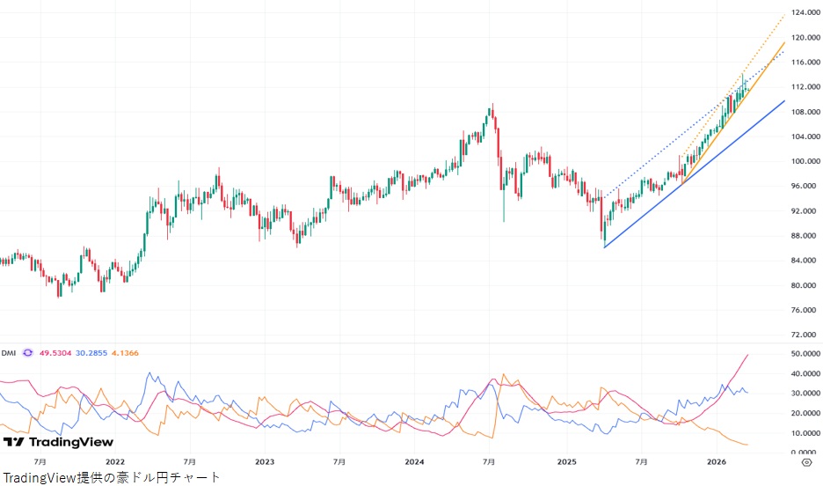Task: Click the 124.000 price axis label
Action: [805, 13]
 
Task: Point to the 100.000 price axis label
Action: [805, 162]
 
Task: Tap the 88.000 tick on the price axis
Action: [805, 236]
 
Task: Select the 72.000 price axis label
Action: [805, 335]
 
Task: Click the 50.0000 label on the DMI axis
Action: [805, 353]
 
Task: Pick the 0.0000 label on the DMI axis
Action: [805, 452]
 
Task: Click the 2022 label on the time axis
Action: [114, 460]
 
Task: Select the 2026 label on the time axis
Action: [716, 460]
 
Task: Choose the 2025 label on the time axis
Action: [565, 460]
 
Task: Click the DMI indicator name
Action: [9, 353]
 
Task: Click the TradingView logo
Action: [58, 441]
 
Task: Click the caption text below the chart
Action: [111, 477]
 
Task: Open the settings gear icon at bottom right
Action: [806, 460]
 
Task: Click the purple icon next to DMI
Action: [27, 353]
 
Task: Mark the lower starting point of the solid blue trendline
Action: [605, 247]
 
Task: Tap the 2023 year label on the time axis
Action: [265, 460]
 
